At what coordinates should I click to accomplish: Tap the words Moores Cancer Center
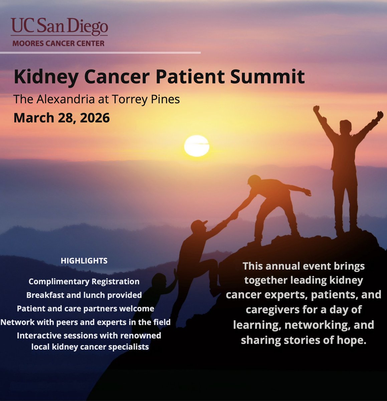tap(58, 43)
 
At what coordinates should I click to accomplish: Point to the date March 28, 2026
tap(62, 118)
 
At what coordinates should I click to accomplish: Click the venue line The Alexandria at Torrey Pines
tap(97, 99)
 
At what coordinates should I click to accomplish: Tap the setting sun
tap(197, 146)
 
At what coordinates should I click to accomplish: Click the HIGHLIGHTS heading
tap(84, 261)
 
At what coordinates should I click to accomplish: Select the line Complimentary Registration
tap(84, 281)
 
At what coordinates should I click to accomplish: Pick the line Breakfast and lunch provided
tap(84, 295)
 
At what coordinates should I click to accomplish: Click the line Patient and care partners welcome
tap(85, 308)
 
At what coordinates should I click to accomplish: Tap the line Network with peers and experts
tap(85, 322)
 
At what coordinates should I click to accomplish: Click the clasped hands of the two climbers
tap(233, 215)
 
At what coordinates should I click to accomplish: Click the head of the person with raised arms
tap(346, 126)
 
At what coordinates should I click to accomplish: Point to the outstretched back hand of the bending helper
tap(307, 192)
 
